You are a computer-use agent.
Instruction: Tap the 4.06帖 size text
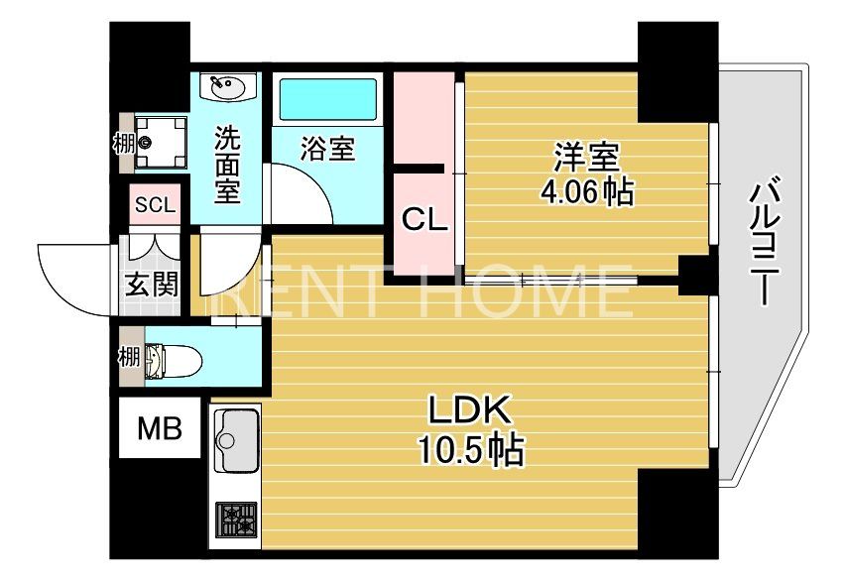(585, 190)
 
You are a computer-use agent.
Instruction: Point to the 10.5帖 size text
(469, 451)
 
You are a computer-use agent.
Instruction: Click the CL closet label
(423, 220)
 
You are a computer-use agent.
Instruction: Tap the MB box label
(159, 428)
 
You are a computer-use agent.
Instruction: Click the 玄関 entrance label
(152, 285)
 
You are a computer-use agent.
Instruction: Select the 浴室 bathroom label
(327, 150)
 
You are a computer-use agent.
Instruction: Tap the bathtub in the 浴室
(327, 99)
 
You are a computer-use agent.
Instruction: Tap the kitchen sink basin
(236, 438)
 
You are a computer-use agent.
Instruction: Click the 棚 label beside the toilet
(128, 356)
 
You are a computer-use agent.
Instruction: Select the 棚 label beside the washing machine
(123, 143)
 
